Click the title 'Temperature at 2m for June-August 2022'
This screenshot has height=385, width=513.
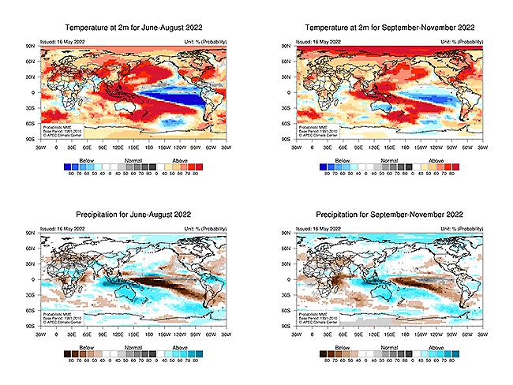pyautogui.click(x=134, y=28)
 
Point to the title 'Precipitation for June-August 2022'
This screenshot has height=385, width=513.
pyautogui.click(x=134, y=215)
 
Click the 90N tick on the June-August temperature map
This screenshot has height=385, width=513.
pyautogui.click(x=32, y=47)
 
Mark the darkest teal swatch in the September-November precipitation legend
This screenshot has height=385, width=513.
pyautogui.click(x=447, y=354)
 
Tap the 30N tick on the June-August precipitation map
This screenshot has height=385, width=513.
pyautogui.click(x=32, y=264)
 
